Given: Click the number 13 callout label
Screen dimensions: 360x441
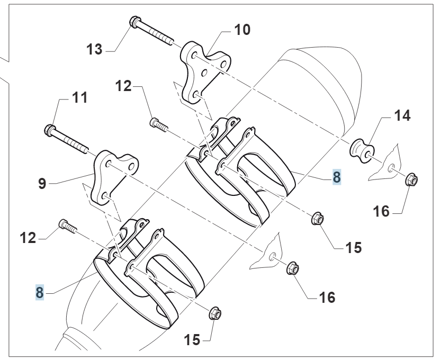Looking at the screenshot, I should pyautogui.click(x=96, y=50).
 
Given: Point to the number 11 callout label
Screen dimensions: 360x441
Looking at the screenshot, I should pyautogui.click(x=79, y=98).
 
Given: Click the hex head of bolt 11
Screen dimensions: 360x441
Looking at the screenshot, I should pyautogui.click(x=50, y=129).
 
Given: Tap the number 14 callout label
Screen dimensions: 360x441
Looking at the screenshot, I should pyautogui.click(x=402, y=115).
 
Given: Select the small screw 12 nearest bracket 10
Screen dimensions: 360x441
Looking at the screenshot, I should pyautogui.click(x=158, y=124).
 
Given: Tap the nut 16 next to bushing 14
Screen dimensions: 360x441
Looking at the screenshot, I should pyautogui.click(x=411, y=180).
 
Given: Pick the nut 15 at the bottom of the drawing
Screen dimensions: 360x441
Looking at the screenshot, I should pyautogui.click(x=215, y=314).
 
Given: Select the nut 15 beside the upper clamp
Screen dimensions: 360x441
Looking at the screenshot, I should pyautogui.click(x=317, y=218).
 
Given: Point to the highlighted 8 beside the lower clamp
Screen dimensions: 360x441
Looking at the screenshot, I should pyautogui.click(x=39, y=292).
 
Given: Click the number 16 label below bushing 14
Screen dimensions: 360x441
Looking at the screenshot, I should pyautogui.click(x=381, y=212).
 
